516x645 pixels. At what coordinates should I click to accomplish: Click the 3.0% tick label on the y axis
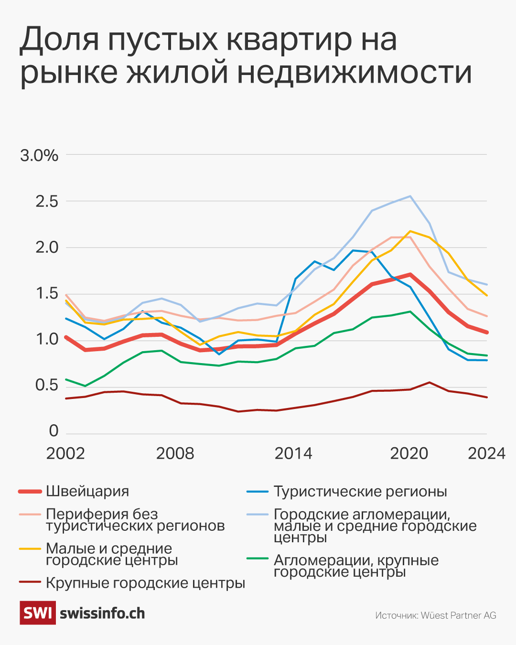[39, 155]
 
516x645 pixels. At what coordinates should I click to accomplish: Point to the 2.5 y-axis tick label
[47, 201]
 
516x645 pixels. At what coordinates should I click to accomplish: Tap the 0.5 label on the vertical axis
[47, 385]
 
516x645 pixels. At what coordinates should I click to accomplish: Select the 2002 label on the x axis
[65, 453]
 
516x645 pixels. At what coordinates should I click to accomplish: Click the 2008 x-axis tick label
[175, 453]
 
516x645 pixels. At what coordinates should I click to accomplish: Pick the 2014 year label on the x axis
[293, 453]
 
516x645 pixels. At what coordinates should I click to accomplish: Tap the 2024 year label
[486, 453]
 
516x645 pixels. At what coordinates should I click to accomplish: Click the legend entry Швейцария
[87, 491]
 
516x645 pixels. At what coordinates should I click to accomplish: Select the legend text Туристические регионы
[360, 491]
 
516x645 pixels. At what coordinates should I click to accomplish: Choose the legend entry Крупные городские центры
[145, 583]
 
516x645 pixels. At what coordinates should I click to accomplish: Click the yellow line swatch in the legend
[30, 549]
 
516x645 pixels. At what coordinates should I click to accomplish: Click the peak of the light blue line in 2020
[410, 196]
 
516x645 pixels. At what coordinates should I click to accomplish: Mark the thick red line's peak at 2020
[410, 275]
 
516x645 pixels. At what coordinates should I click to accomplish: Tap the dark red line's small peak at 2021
[429, 382]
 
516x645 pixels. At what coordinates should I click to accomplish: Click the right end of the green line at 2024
[486, 355]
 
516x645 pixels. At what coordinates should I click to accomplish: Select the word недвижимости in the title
[355, 73]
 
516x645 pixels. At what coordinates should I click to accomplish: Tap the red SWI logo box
[38, 613]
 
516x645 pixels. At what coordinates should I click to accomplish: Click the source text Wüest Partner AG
[458, 615]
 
